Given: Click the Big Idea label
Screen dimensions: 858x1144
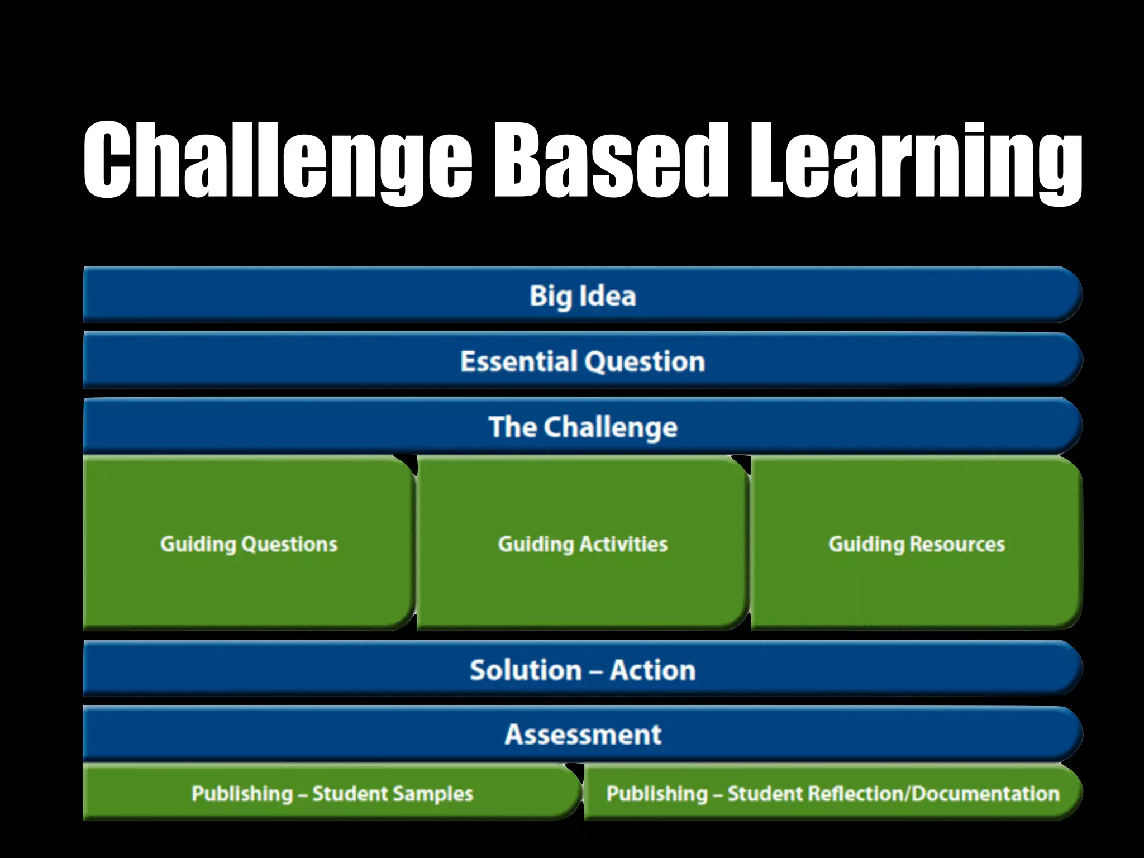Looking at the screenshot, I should tap(583, 295).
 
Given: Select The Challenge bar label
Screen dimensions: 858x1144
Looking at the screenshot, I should tap(583, 427).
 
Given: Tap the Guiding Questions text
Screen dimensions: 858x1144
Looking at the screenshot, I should tap(249, 544).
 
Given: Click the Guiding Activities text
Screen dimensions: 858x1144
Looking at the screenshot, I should tap(583, 544).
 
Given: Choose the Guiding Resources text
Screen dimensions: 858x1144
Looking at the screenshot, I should tap(916, 544).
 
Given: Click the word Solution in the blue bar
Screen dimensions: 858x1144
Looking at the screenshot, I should tap(526, 670).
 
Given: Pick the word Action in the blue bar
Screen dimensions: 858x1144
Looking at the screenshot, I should tap(652, 670).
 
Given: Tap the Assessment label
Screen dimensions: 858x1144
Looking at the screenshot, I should tap(583, 734).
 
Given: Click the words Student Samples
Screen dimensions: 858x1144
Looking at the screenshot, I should tap(392, 794).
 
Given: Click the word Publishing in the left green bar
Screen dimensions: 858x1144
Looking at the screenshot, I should tap(242, 794).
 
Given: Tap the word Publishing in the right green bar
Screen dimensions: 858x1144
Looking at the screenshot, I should tap(657, 794).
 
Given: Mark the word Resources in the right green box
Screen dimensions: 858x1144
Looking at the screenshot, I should tap(957, 544).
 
